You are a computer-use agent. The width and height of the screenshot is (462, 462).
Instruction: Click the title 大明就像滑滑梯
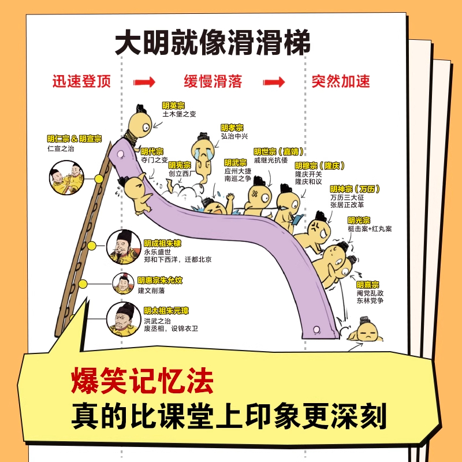(x=213, y=43)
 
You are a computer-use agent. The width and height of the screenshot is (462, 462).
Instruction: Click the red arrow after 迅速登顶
(x=144, y=81)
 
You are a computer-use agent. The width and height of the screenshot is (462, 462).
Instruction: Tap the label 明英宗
(x=174, y=105)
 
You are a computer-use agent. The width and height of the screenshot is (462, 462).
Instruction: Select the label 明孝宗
(x=232, y=128)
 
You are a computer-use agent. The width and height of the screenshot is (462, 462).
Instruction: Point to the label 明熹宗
(x=368, y=284)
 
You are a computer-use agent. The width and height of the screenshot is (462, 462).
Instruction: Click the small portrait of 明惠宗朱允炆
(x=123, y=284)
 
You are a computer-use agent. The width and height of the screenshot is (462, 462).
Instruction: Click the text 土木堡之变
(x=179, y=114)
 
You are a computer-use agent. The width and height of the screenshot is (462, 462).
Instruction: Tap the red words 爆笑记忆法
(x=142, y=383)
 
